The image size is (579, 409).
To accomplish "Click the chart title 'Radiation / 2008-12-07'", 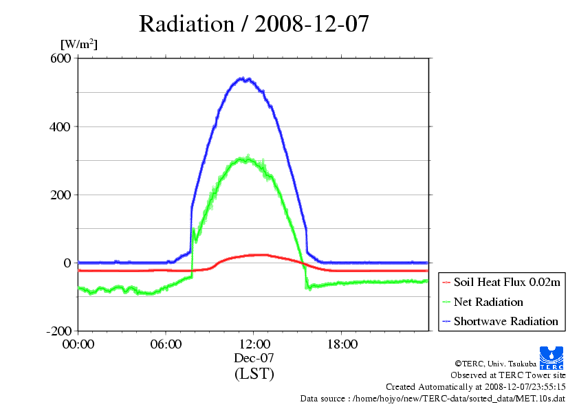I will (254, 24).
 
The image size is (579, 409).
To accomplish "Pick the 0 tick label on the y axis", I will (67, 263).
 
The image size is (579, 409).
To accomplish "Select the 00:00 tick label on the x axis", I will (78, 344).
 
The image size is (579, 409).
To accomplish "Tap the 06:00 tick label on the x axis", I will (166, 344).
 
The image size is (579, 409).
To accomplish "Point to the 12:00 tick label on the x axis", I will (254, 344).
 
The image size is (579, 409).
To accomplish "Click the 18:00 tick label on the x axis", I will (341, 344).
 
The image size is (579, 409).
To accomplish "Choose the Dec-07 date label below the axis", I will (254, 358).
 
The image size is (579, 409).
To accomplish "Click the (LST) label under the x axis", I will (254, 374).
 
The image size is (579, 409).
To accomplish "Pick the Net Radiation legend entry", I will (488, 302).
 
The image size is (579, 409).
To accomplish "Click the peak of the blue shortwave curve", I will (242, 78).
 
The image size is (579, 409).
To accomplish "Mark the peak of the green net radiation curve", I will (246, 158).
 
